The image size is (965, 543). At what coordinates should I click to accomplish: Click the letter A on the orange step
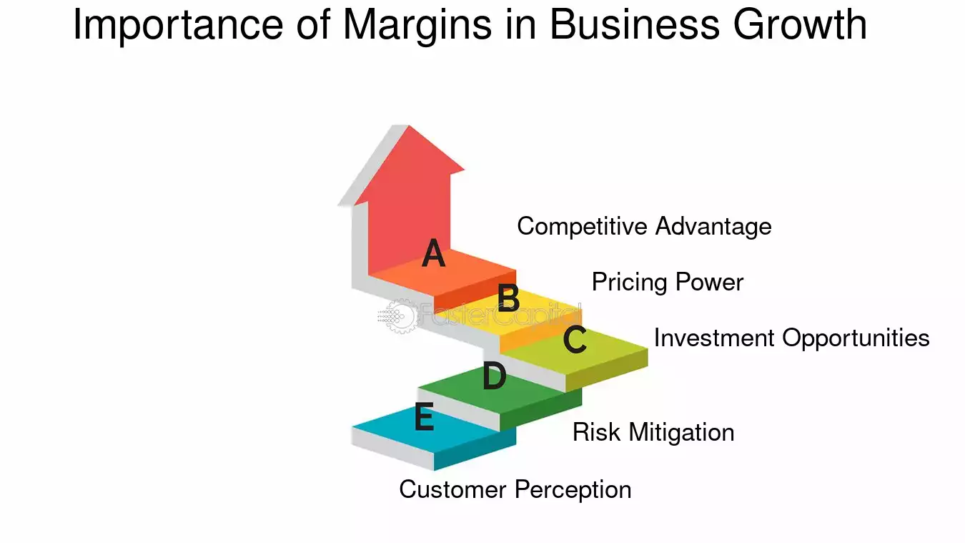(x=433, y=254)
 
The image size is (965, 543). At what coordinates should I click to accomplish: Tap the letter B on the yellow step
(x=508, y=298)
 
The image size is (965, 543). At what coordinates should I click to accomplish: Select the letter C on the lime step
(x=575, y=340)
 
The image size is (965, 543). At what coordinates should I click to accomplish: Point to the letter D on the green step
(x=494, y=377)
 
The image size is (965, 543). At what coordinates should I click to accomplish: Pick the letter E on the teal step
(x=424, y=418)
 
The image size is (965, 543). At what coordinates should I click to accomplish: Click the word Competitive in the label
(x=583, y=227)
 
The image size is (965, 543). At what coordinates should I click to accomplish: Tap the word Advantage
(x=713, y=227)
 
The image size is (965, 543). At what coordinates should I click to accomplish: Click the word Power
(x=709, y=283)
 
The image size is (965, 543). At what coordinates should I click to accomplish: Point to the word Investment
(x=716, y=338)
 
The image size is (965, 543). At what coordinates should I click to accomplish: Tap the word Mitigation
(x=681, y=433)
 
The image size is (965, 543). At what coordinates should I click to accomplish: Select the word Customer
(x=453, y=489)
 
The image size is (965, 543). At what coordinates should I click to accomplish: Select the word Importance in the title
(x=179, y=25)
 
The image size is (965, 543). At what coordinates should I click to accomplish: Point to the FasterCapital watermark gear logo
(x=395, y=315)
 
